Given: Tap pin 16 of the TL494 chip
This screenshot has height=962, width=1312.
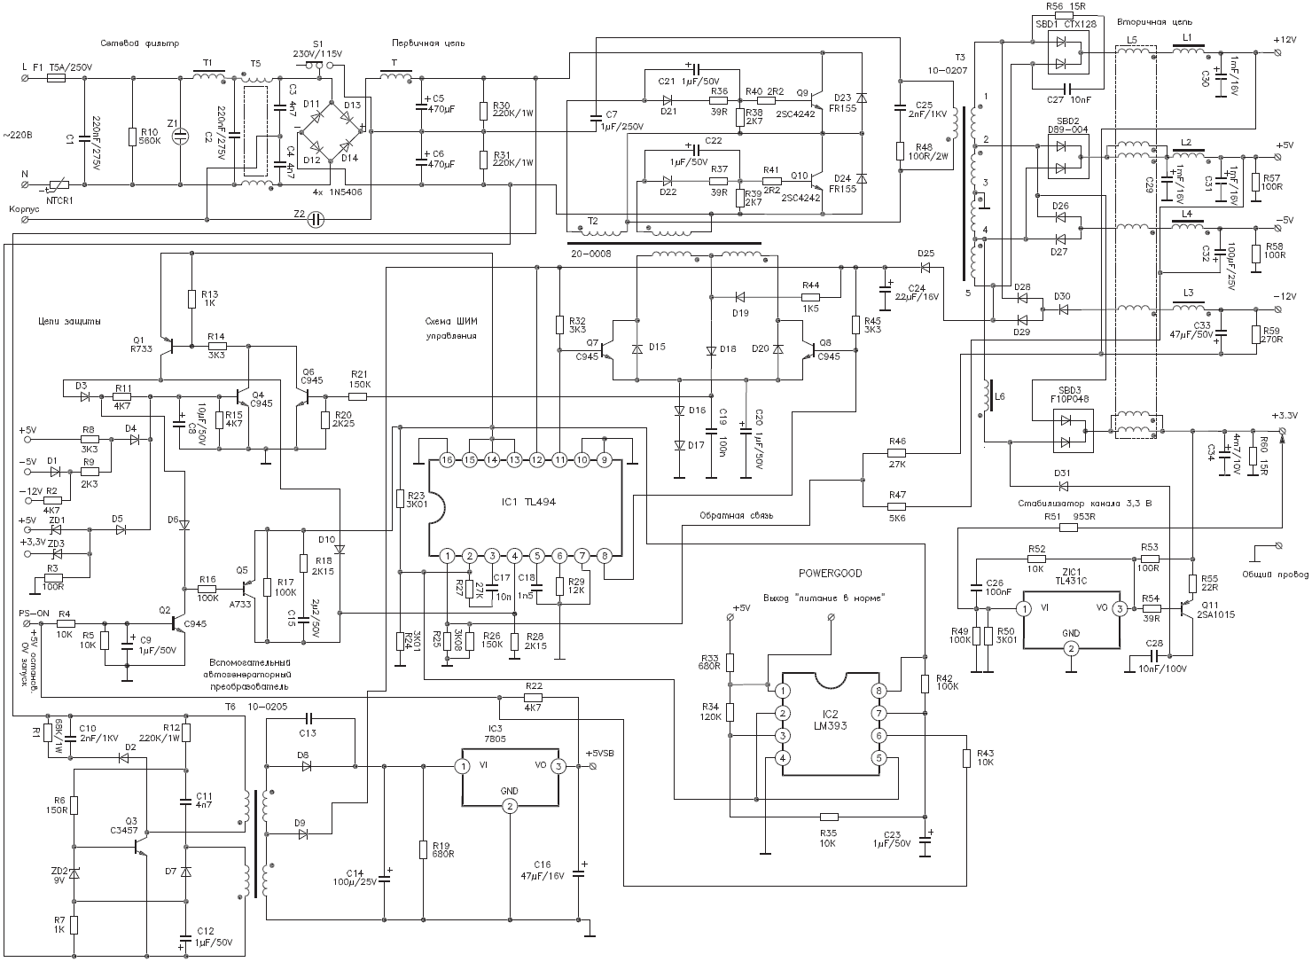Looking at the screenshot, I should (447, 460).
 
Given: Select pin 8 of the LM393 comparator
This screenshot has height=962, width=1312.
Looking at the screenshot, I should (879, 691).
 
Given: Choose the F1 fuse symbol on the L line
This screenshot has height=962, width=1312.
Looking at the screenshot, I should (56, 78).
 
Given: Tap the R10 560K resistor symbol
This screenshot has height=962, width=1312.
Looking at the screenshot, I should (131, 136).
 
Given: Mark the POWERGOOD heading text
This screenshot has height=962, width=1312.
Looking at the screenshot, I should (830, 574).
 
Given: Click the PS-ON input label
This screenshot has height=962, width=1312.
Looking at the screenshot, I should (34, 613).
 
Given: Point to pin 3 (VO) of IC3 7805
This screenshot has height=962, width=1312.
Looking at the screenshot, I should (558, 766).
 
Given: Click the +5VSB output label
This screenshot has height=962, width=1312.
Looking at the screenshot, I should (599, 754).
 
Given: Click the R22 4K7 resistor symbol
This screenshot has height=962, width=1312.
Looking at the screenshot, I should (533, 697).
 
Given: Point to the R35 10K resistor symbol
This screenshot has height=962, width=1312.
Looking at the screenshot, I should (829, 817).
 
